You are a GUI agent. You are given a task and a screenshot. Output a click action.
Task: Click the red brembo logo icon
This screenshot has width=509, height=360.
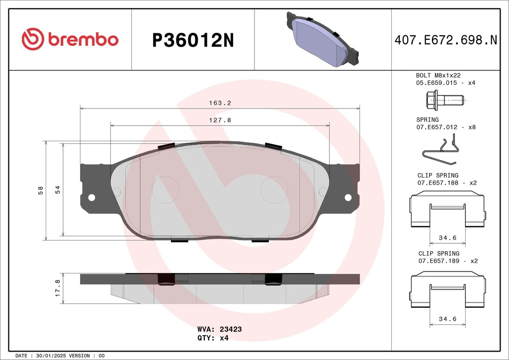pyautogui.click(x=33, y=39)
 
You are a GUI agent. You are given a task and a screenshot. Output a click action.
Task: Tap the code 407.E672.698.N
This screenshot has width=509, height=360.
pyautogui.click(x=446, y=40)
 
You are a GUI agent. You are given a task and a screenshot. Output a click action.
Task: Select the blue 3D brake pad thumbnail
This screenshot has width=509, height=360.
pyautogui.click(x=323, y=40)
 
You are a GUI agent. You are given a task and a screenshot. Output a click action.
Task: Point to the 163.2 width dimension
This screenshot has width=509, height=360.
pyautogui.click(x=220, y=103)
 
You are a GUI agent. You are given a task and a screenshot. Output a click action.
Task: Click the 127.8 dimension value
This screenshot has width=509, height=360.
pyautogui.click(x=220, y=120)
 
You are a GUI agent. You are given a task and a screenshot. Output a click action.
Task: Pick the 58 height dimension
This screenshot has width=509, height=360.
pyautogui.click(x=41, y=190)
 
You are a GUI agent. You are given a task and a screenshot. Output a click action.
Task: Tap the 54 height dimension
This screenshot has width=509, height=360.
pyautogui.click(x=58, y=190)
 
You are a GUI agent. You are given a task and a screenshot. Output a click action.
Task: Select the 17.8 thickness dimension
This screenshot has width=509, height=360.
pyautogui.click(x=58, y=288)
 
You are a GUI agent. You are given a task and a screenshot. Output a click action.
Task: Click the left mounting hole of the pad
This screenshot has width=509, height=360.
pyautogui.click(x=91, y=197)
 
